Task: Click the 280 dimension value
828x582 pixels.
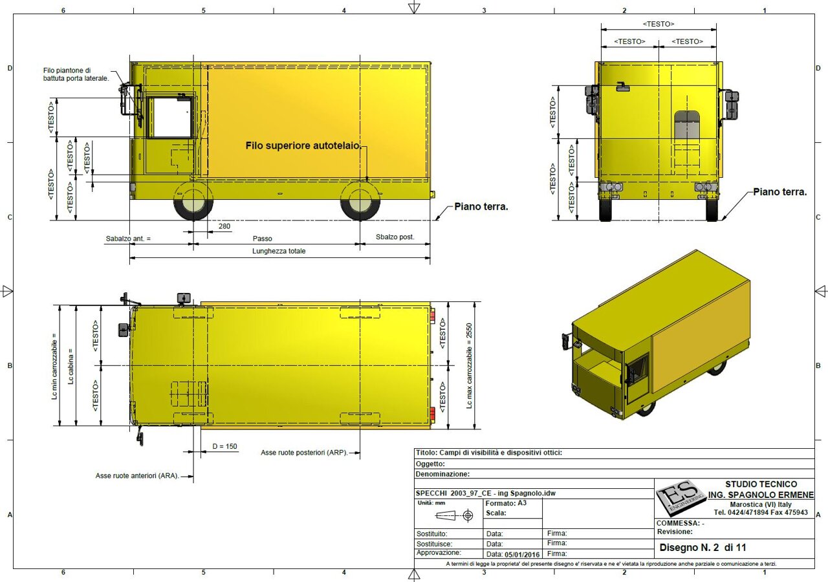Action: click(224, 226)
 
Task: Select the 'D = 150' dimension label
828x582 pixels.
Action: click(224, 446)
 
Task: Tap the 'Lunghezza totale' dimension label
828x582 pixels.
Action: click(279, 252)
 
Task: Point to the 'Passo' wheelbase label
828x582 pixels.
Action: click(263, 239)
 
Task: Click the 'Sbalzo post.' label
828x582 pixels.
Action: click(395, 237)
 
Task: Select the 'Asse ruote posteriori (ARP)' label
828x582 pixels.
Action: click(304, 453)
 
